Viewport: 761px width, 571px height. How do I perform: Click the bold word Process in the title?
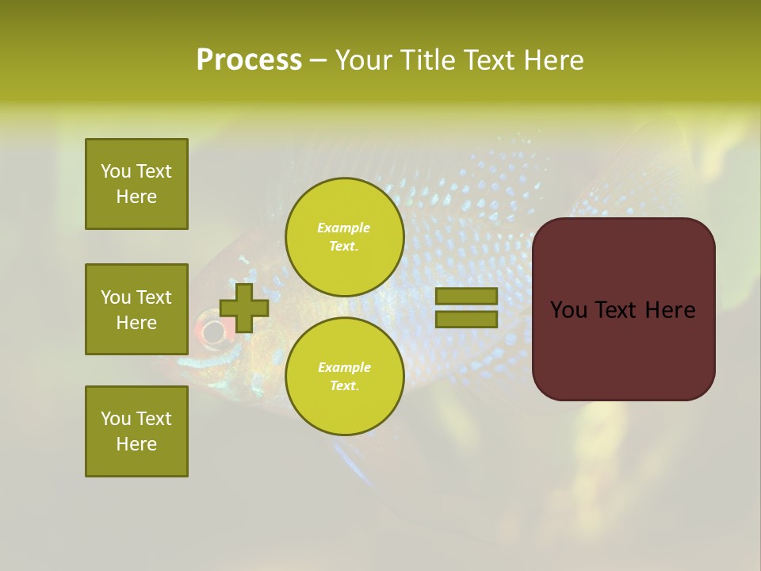click(x=249, y=60)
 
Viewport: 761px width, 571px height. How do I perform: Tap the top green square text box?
click(x=136, y=184)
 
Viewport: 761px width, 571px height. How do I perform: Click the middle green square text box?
click(x=136, y=309)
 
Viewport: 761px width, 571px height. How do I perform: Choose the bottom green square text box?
click(x=136, y=431)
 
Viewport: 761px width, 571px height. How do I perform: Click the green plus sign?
click(x=244, y=308)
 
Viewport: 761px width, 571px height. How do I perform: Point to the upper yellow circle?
click(x=344, y=236)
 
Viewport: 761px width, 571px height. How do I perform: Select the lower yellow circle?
click(x=344, y=376)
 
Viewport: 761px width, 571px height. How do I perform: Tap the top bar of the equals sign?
click(x=466, y=297)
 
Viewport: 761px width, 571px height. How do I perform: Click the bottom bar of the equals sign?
click(x=466, y=320)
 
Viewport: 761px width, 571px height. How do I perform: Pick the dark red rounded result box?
click(x=623, y=308)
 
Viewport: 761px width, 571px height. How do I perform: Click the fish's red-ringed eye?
click(x=212, y=331)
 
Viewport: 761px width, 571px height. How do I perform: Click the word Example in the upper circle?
click(x=343, y=228)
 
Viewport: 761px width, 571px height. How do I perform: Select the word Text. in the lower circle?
click(x=343, y=385)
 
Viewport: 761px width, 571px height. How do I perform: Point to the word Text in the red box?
click(x=622, y=310)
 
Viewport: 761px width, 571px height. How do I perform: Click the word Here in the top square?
click(x=136, y=197)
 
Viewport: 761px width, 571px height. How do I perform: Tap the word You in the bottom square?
click(x=116, y=419)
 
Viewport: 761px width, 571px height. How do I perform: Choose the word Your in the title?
click(x=362, y=60)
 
